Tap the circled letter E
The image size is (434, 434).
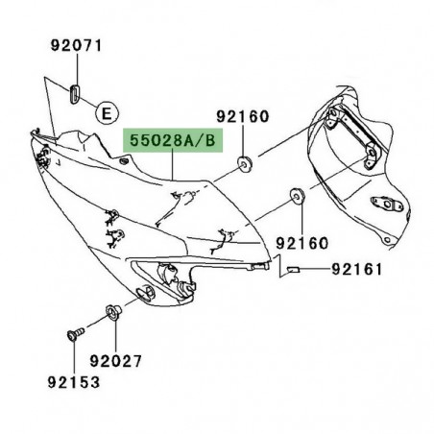[108, 111]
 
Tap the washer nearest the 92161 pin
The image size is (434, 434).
[295, 199]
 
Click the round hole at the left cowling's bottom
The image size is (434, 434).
[150, 292]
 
